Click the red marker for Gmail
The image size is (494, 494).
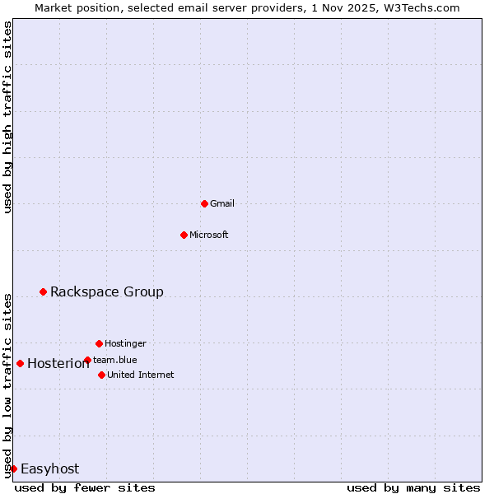204,203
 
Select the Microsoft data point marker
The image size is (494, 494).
184,235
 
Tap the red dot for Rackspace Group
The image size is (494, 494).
43,291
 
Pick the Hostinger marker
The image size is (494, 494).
99,343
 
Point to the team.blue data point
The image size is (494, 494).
87,360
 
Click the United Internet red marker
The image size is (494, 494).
101,375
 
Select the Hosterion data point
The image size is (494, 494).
20,363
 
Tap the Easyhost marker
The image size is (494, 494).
13,468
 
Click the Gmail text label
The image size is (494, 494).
222,203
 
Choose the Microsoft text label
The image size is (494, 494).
209,235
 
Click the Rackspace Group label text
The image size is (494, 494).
107,291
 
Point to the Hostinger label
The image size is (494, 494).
125,343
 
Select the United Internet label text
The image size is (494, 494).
141,375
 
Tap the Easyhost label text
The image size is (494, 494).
49,468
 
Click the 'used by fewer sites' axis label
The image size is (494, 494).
85,487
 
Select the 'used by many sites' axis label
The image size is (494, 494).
413,487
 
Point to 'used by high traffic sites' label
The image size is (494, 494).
7,117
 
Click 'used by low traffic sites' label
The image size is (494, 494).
7,384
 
